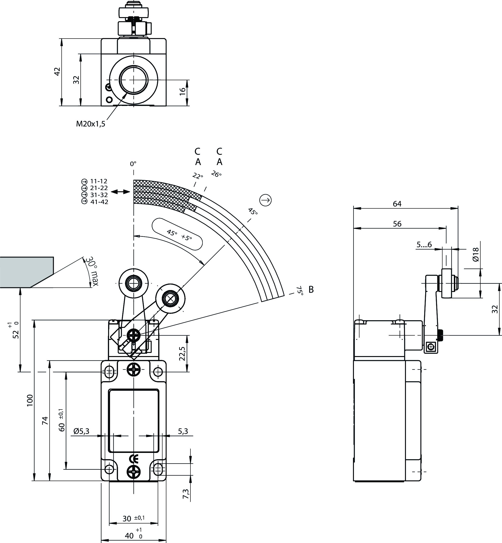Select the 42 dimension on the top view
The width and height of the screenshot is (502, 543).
pos(57,72)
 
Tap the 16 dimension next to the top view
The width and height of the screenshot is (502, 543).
pos(183,92)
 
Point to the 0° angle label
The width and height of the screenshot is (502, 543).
pos(133,164)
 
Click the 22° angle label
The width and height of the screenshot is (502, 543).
pos(198,176)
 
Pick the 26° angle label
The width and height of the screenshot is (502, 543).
pos(216,174)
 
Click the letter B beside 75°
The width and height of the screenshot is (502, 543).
pos(311,290)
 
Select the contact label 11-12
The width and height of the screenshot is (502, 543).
pos(99,181)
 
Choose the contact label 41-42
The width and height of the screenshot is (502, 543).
pos(99,202)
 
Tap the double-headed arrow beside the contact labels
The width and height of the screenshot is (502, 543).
pos(120,192)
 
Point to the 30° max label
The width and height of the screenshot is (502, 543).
pos(92,271)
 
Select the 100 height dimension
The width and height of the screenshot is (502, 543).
pos(30,400)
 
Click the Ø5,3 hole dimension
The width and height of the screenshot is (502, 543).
pos(81,431)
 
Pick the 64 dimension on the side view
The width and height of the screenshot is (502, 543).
pos(397,204)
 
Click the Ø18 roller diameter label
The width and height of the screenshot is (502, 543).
pos(476,255)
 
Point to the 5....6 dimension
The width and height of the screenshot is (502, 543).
pos(424,245)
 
